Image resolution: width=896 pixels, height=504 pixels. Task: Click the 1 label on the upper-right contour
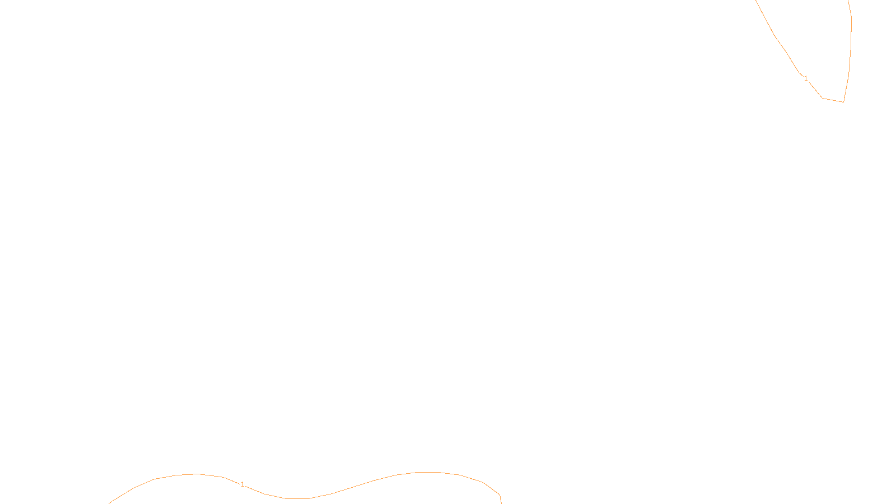[806, 78]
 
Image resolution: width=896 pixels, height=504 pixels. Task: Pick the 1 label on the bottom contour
[242, 484]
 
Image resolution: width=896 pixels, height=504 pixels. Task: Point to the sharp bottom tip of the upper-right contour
[843, 102]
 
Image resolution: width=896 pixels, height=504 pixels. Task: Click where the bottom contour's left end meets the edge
[110, 503]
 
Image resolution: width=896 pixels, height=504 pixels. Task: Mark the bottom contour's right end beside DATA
[501, 502]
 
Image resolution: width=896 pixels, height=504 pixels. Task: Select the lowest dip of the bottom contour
[297, 498]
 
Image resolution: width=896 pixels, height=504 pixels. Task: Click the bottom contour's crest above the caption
[428, 473]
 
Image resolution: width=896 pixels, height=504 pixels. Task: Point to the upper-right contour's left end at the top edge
[757, 1]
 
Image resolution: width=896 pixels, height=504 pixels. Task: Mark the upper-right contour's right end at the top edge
[848, 1]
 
